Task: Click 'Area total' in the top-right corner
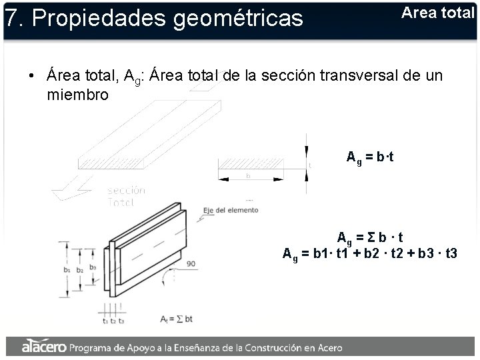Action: (x=437, y=12)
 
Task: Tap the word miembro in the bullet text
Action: (x=77, y=95)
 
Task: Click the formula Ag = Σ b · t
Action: (x=370, y=238)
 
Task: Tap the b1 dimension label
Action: (x=67, y=270)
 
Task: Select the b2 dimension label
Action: (x=80, y=270)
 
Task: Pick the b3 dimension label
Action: (x=92, y=267)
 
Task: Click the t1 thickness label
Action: (x=105, y=321)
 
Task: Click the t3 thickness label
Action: (x=121, y=321)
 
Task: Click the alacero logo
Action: (x=44, y=347)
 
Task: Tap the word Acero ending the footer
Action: (x=328, y=347)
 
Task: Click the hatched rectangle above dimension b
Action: (x=247, y=163)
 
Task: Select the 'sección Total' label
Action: (x=126, y=196)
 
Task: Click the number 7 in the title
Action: (x=9, y=19)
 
